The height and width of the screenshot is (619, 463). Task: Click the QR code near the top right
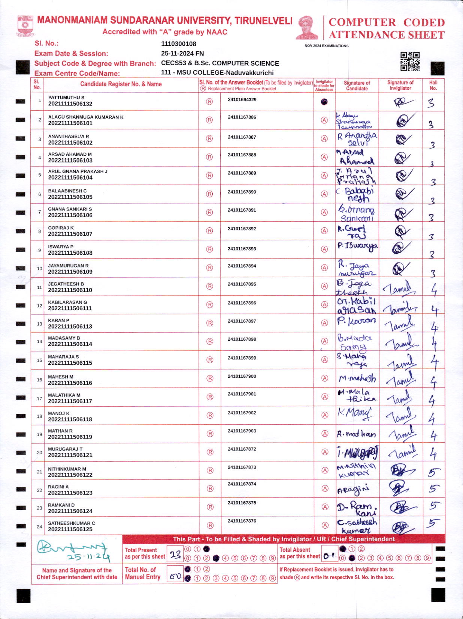(410, 61)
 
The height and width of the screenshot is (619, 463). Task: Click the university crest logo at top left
(25, 26)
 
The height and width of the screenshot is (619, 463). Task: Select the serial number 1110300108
(178, 44)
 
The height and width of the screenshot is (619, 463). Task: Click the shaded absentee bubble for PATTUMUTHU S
(324, 102)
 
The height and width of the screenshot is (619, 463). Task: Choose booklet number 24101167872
(242, 449)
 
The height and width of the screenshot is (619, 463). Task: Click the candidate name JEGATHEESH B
(66, 284)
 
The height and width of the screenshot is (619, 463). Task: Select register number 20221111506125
(70, 529)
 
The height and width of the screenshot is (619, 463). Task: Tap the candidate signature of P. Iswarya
(357, 246)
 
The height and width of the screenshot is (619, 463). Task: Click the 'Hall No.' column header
(433, 85)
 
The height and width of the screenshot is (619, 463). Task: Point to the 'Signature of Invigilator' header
(400, 85)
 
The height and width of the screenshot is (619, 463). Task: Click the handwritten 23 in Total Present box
(175, 554)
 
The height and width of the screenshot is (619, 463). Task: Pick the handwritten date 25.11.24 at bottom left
(88, 557)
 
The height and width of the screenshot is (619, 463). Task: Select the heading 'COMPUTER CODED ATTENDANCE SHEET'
(386, 29)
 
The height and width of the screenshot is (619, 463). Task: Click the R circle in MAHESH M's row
(210, 379)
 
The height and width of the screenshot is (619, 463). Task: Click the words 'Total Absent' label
(295, 550)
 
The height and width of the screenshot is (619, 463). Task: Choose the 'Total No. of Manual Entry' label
(143, 574)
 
